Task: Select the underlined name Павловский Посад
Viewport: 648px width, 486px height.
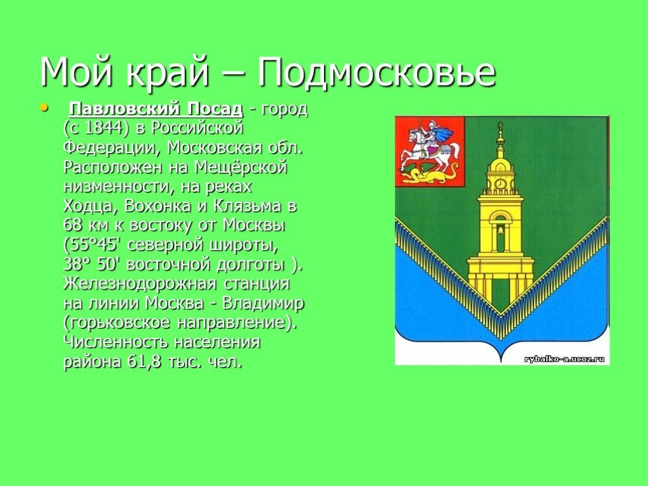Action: [156, 109]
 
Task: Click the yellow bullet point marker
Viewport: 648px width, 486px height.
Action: [44, 108]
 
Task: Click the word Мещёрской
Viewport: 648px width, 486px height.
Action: [240, 167]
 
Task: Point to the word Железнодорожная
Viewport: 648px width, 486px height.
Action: [140, 284]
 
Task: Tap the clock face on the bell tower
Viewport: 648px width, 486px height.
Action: [500, 183]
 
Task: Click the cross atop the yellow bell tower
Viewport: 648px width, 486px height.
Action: [501, 126]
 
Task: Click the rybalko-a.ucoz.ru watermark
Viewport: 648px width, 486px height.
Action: [564, 359]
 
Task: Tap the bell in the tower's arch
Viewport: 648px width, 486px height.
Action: [500, 230]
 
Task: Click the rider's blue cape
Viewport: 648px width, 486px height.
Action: [444, 134]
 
